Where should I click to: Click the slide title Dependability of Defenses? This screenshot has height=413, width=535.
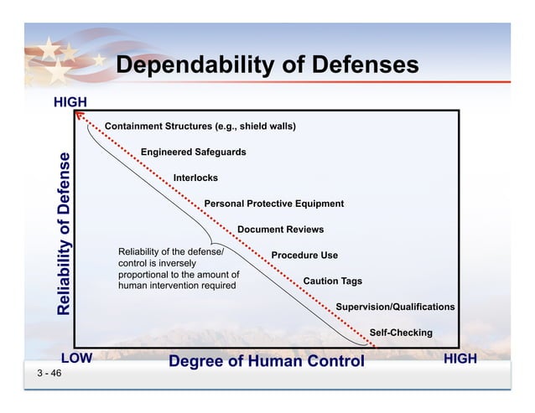tap(267, 66)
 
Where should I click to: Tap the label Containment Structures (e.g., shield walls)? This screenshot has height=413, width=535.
tap(200, 126)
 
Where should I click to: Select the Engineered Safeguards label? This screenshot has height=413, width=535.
tap(193, 152)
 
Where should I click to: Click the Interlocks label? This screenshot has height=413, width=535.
tap(195, 178)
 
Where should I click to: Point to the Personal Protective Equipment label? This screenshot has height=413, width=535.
tap(273, 204)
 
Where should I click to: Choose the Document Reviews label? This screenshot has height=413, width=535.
tap(280, 230)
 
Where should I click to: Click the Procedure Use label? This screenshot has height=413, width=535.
tap(304, 256)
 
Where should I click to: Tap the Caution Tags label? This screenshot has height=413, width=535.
tap(332, 281)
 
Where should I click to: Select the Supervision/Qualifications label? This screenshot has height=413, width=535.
tap(395, 307)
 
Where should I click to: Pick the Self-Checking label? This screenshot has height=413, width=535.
tap(401, 333)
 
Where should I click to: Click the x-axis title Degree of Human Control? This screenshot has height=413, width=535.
tap(267, 361)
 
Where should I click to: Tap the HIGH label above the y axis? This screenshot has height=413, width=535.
tap(70, 102)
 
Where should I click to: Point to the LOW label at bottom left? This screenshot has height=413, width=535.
tap(75, 359)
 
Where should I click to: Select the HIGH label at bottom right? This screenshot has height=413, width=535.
tap(460, 359)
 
